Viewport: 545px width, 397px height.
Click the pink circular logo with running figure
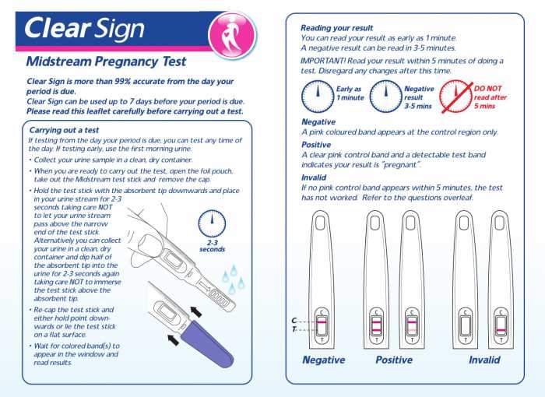click(234, 30)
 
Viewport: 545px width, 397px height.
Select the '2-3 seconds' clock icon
click(212, 224)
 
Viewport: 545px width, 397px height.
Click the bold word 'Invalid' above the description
click(313, 177)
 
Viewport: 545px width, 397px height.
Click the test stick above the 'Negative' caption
click(324, 280)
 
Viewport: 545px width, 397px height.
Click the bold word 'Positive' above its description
click(316, 145)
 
